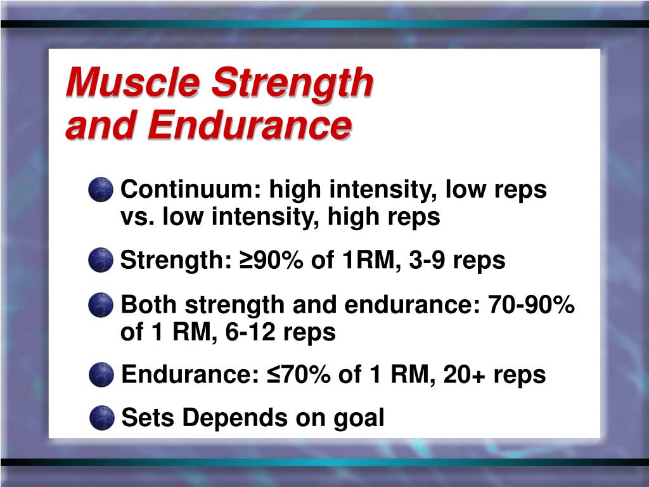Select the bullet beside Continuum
point(101,190)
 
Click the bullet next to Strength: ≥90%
point(101,261)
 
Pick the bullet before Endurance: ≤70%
point(101,375)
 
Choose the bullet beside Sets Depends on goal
point(101,418)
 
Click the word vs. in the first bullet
point(138,218)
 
